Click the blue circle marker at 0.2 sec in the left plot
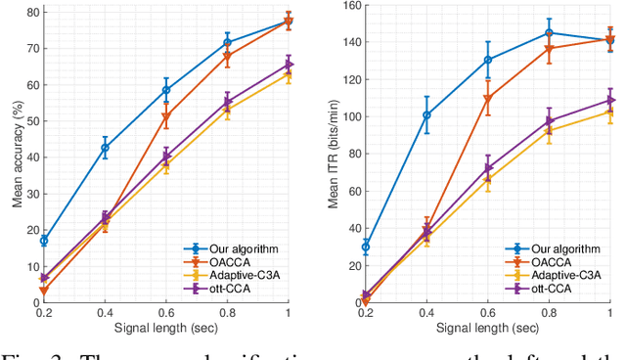click(x=43, y=241)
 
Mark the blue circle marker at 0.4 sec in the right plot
click(x=426, y=115)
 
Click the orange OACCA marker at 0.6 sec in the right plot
click(x=487, y=99)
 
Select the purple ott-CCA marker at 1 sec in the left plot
click(x=289, y=65)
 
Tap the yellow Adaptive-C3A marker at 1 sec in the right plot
click(x=610, y=112)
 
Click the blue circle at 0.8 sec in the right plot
click(x=549, y=33)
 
